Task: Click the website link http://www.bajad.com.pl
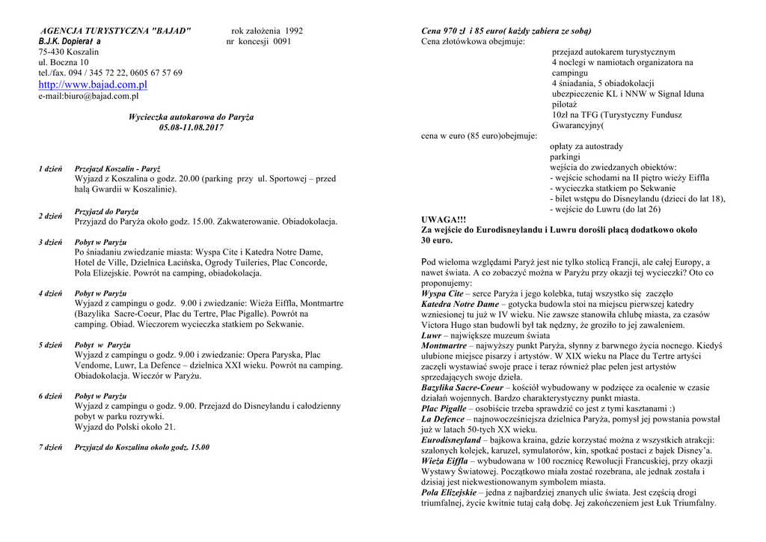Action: pyautogui.click(x=93, y=85)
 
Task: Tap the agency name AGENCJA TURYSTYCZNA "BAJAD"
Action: pyautogui.click(x=116, y=31)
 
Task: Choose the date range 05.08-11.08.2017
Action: pyautogui.click(x=191, y=127)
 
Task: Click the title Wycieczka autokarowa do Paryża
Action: pyautogui.click(x=191, y=117)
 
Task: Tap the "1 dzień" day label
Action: pyautogui.click(x=50, y=169)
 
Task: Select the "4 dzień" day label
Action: pyautogui.click(x=50, y=293)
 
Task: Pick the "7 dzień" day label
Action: pyautogui.click(x=50, y=447)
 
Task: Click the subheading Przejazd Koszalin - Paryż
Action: pyautogui.click(x=117, y=169)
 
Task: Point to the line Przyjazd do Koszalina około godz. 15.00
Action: pyautogui.click(x=142, y=447)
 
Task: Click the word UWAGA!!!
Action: pyautogui.click(x=444, y=219)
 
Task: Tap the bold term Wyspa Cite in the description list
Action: pyautogui.click(x=442, y=294)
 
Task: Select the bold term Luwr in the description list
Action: pyautogui.click(x=431, y=336)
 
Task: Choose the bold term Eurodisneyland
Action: pyautogui.click(x=451, y=440)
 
